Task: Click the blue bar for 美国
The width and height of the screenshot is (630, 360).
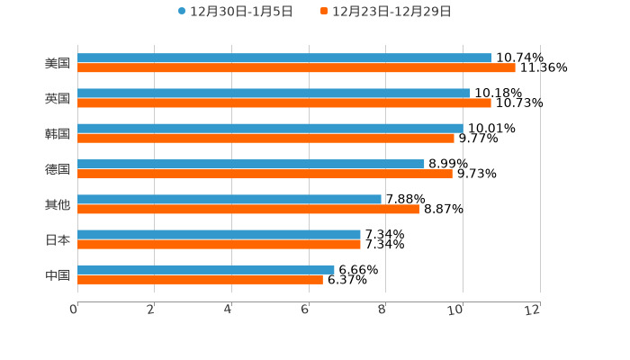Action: pos(284,58)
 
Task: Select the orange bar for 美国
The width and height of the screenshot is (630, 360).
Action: pos(296,67)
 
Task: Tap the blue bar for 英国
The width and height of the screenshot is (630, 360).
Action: pos(274,93)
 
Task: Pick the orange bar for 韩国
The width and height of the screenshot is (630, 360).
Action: pos(265,138)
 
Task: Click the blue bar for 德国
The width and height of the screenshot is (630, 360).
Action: pos(251,164)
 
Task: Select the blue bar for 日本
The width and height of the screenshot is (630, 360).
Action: pos(219,234)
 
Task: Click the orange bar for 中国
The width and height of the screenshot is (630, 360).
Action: pos(200,279)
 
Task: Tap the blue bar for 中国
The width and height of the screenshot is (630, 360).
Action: pos(206,269)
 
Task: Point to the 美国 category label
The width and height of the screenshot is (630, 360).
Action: pos(58,63)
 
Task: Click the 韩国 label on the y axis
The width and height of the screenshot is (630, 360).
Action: pos(58,133)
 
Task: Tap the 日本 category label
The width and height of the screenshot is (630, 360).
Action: pos(58,239)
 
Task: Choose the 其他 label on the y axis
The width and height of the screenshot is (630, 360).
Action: pos(58,204)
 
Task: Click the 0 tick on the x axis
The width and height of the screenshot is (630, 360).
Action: pos(74,310)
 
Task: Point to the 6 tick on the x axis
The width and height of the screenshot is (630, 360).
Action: pos(305,310)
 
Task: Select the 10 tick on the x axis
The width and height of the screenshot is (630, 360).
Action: pos(459,310)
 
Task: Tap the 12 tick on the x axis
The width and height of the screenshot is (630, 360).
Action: pos(533,310)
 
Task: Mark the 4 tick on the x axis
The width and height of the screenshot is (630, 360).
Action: pos(228,310)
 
